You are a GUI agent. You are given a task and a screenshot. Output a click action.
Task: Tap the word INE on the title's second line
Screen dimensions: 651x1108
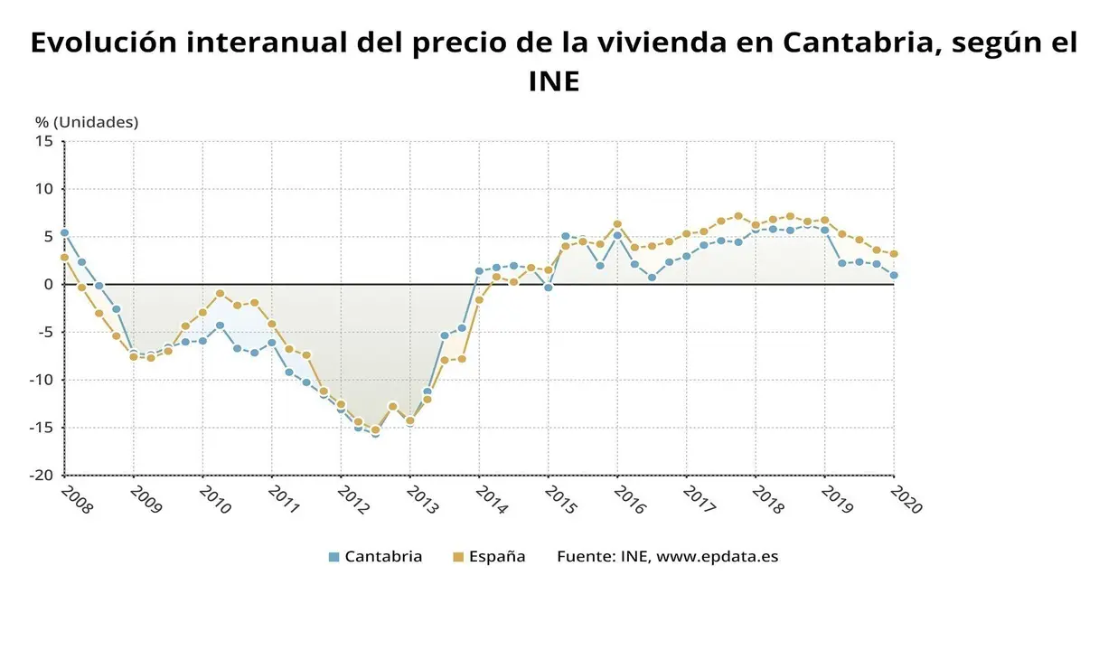pos(553,82)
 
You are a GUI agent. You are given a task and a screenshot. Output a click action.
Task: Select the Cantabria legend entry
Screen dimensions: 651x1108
pos(375,556)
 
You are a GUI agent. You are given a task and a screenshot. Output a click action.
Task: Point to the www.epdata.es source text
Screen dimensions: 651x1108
pos(717,556)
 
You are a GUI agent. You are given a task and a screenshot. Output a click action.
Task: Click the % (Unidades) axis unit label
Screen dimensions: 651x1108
pos(87,122)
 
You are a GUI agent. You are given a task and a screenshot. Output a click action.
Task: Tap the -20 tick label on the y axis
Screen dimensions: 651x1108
pos(42,476)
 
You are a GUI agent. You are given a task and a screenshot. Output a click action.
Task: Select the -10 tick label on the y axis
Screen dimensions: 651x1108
pos(42,380)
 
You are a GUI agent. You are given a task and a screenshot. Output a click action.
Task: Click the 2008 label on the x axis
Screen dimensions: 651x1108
pos(75,500)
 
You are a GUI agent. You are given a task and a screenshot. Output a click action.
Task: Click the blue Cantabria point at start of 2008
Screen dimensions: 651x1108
pos(64,232)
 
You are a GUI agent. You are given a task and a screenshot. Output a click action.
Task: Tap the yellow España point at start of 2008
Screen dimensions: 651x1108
pos(64,258)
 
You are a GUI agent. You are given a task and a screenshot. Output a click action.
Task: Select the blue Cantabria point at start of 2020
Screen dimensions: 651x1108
pos(894,276)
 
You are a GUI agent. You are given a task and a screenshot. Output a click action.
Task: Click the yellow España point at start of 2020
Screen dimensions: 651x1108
pos(894,254)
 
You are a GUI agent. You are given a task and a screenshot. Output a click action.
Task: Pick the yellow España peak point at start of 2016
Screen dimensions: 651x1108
pos(617,224)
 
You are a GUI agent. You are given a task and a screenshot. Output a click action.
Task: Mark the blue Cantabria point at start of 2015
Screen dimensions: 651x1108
pos(548,288)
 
